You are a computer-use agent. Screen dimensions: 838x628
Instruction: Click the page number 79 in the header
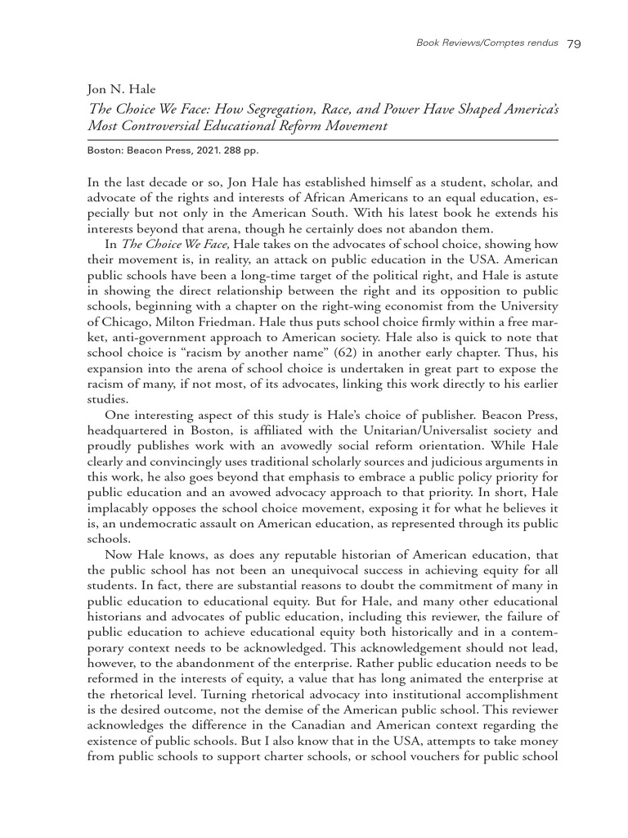[572, 44]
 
